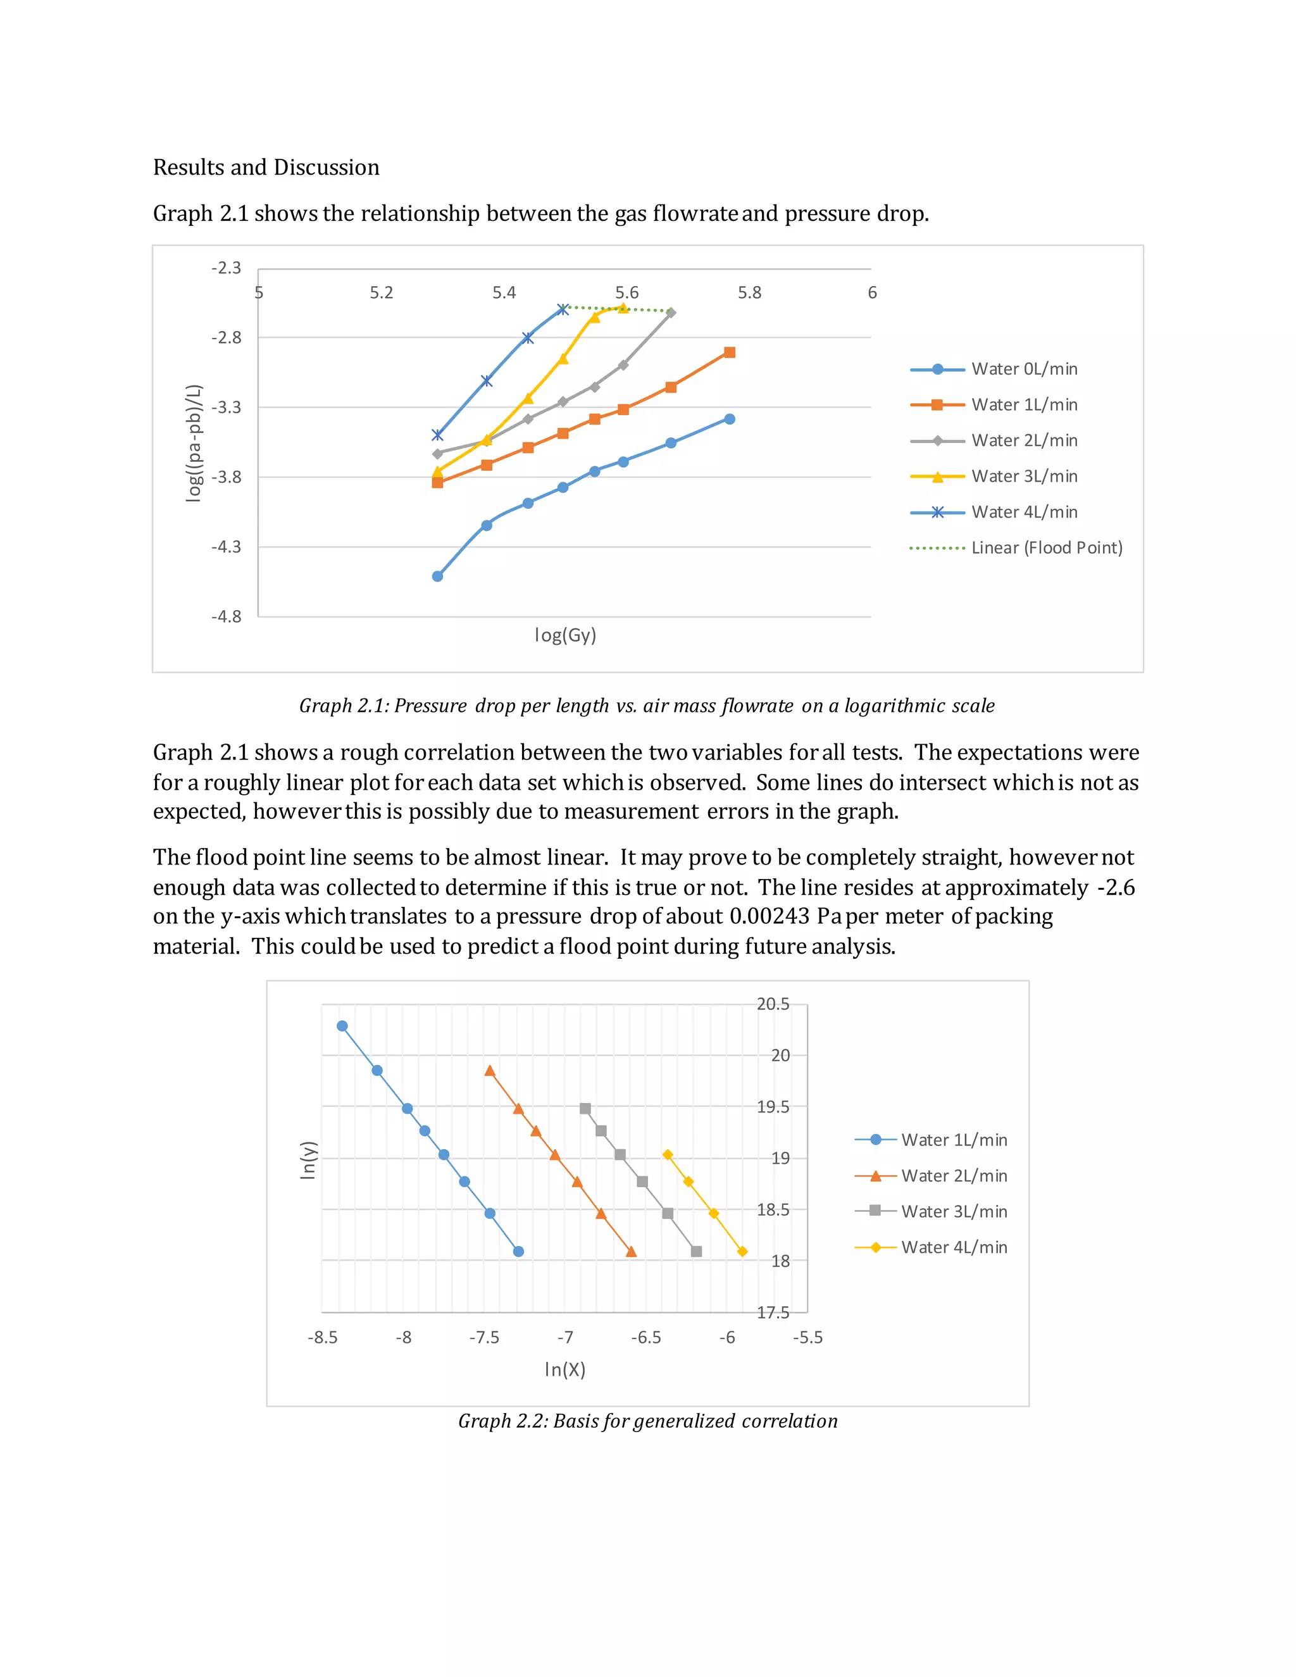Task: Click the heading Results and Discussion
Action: [266, 168]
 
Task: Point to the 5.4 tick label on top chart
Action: [504, 292]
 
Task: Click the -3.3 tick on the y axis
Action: [226, 408]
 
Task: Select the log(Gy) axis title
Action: [565, 635]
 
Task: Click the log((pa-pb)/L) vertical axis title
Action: [194, 444]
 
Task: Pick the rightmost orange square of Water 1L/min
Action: [730, 352]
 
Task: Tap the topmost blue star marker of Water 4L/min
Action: [563, 309]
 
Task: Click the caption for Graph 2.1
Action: [647, 706]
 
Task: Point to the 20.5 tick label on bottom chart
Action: [773, 1004]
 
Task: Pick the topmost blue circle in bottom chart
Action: [342, 1026]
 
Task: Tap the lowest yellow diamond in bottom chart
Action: [742, 1252]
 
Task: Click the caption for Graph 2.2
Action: [647, 1421]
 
